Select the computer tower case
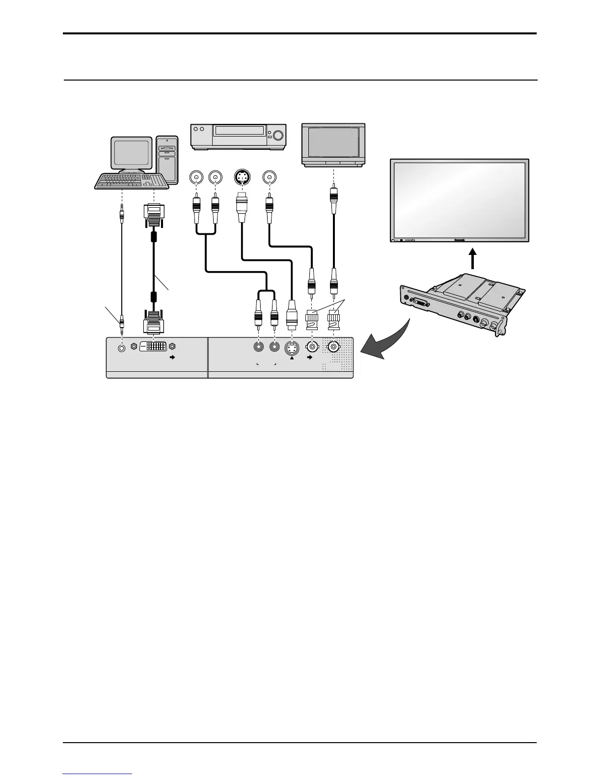pos(167,159)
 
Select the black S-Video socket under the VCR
pos(242,177)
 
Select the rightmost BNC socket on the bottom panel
pos(334,347)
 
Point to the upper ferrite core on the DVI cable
pos(154,236)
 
